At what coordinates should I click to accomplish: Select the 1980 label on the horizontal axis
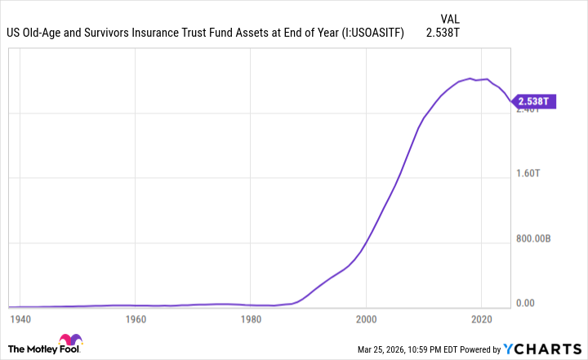[x=252, y=319]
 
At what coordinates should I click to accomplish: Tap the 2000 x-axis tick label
[x=367, y=319]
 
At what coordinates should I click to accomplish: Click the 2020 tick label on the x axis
[x=483, y=319]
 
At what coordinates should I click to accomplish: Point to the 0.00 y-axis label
[x=526, y=304]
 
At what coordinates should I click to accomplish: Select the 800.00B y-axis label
[x=534, y=238]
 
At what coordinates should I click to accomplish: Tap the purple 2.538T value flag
[x=535, y=101]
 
